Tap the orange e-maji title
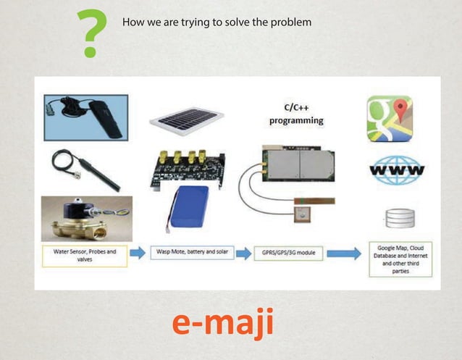(223, 322)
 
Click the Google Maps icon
(389, 118)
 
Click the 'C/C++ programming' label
(295, 114)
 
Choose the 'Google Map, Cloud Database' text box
(400, 259)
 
